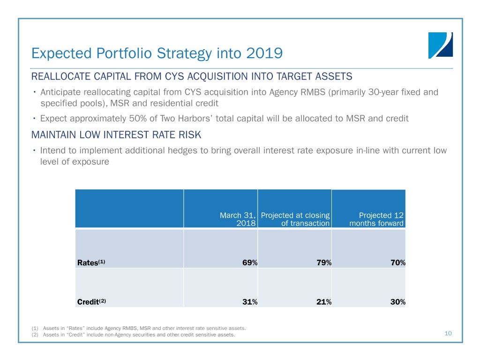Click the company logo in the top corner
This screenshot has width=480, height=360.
(x=440, y=45)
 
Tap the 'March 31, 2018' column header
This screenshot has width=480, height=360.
(x=238, y=219)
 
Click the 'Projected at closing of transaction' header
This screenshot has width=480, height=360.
(x=295, y=219)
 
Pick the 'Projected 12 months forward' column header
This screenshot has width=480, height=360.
(x=376, y=219)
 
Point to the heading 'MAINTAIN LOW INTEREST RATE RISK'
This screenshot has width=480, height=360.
(x=116, y=135)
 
